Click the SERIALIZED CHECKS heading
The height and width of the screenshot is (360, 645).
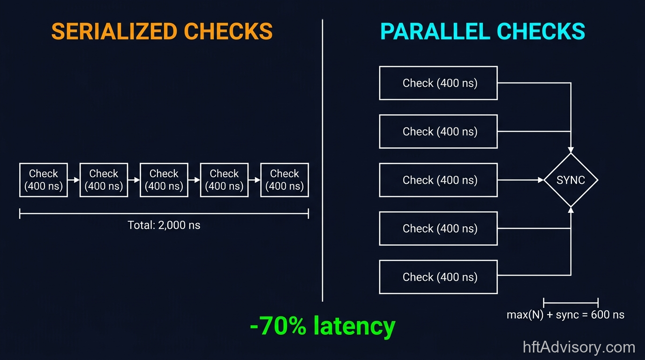(162, 31)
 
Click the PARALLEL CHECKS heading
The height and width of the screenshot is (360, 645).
(482, 31)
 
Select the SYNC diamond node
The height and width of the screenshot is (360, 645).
(570, 180)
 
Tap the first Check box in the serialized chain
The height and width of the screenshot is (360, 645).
(44, 180)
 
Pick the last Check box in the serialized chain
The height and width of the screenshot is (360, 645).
(285, 180)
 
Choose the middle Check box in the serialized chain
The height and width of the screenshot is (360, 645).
(164, 180)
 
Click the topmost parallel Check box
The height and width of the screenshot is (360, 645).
(438, 83)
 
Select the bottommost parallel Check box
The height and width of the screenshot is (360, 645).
(438, 277)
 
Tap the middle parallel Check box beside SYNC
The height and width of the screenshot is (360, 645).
(438, 180)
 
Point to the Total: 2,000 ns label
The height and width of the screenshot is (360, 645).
(164, 225)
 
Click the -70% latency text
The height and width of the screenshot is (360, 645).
(322, 326)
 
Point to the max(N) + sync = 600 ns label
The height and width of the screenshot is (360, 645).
(565, 315)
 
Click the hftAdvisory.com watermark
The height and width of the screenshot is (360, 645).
(579, 347)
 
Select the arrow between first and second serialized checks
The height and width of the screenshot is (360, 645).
(74, 180)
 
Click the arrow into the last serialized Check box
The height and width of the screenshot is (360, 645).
(255, 180)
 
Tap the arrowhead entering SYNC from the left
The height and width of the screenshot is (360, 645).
(540, 180)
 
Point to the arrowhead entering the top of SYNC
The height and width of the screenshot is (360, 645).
(570, 150)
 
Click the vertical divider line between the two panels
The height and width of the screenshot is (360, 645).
(322, 159)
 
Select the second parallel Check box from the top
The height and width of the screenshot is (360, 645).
(438, 131)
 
